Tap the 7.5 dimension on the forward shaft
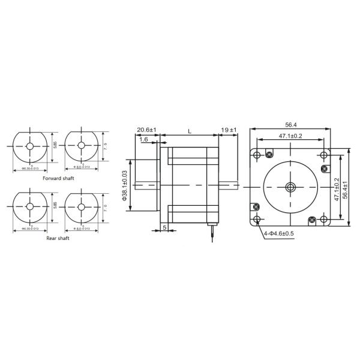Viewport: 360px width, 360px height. pos(106,146)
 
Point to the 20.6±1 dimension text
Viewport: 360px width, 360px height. pos(147,130)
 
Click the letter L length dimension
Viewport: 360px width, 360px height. pos(190,130)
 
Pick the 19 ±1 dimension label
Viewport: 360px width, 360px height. pos(229,130)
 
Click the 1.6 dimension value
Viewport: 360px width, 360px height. pos(144,139)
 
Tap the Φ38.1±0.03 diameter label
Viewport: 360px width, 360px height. pos(125,184)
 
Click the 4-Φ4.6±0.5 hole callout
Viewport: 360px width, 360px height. pos(278,233)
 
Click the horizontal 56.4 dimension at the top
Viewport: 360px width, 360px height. pos(291,125)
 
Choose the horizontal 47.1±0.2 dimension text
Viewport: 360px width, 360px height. pos(290,136)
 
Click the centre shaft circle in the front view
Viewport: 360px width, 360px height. pos(290,187)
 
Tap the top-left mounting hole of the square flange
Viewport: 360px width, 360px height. pos(257,155)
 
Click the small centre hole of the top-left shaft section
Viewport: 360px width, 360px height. pos(31,146)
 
